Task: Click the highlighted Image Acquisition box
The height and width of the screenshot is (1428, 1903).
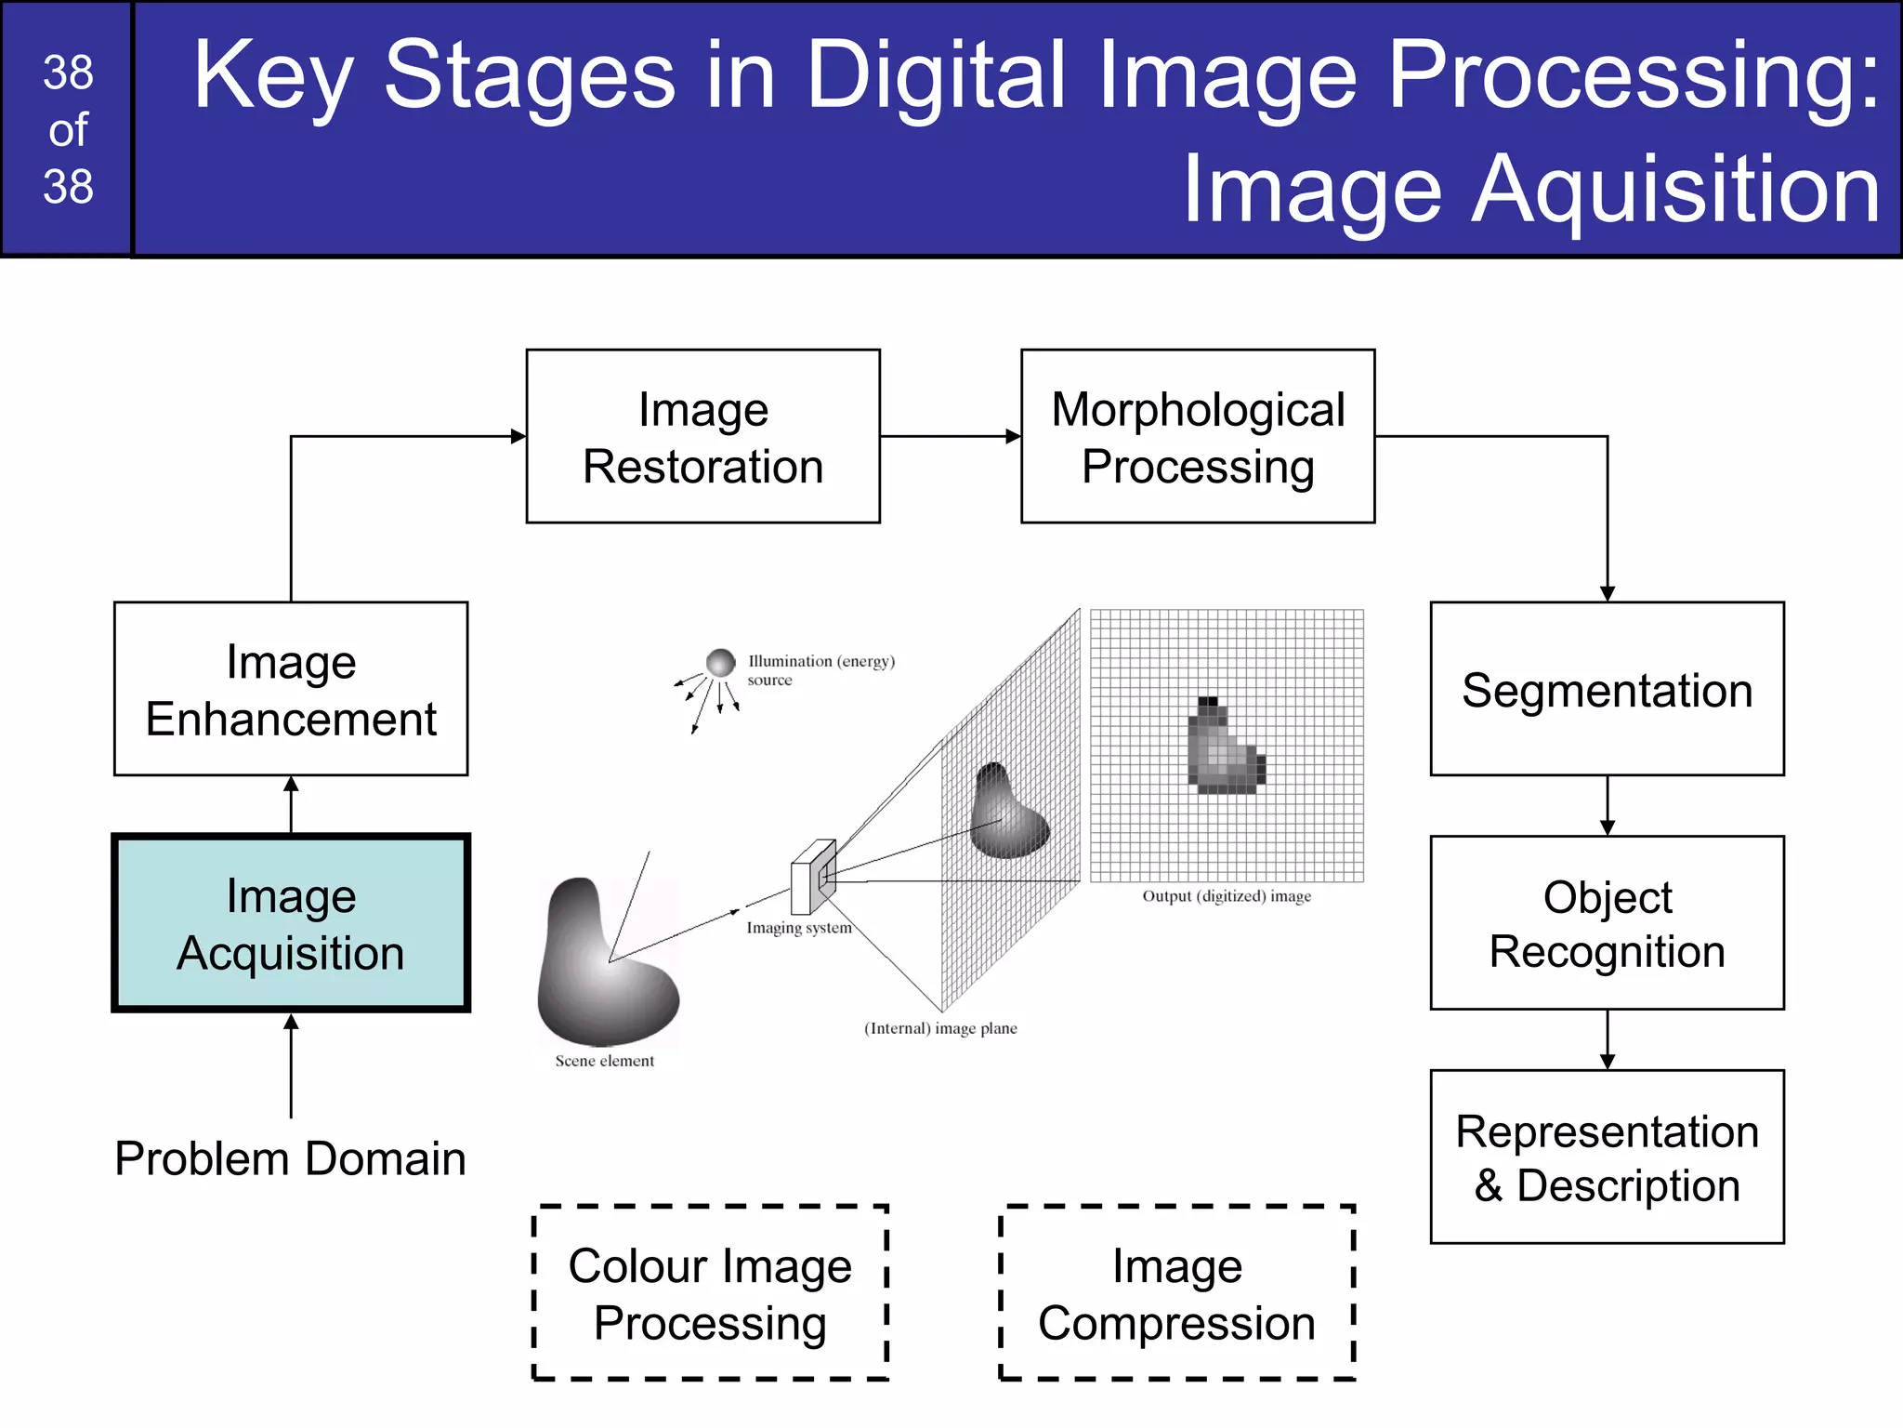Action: click(x=291, y=923)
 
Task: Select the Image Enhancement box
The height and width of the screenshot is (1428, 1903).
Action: click(x=291, y=689)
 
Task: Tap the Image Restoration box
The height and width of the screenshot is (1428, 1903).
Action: click(x=702, y=437)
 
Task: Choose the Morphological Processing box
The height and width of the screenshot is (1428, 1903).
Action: click(x=1198, y=437)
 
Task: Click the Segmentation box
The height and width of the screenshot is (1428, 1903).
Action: click(x=1607, y=689)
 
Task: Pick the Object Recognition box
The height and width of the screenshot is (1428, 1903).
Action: click(x=1607, y=923)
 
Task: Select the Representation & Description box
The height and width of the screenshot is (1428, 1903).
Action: click(x=1607, y=1157)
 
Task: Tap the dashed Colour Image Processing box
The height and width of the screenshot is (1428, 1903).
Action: click(x=710, y=1293)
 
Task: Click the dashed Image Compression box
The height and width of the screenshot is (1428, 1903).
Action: click(x=1176, y=1293)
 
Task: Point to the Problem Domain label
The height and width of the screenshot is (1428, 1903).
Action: click(x=290, y=1159)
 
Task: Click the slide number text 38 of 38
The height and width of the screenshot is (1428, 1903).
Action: click(x=68, y=129)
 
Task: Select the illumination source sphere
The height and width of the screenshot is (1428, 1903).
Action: click(x=720, y=663)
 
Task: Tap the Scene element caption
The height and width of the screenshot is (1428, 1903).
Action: click(x=604, y=1061)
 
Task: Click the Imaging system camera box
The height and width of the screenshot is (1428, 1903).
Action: click(x=812, y=877)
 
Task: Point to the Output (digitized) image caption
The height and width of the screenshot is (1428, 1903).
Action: click(x=1227, y=896)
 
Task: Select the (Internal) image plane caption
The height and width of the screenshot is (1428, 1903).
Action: click(x=940, y=1028)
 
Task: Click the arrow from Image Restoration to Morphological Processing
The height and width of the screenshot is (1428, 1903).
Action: click(x=950, y=436)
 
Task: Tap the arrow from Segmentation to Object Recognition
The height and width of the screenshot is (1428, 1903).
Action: click(x=1608, y=805)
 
